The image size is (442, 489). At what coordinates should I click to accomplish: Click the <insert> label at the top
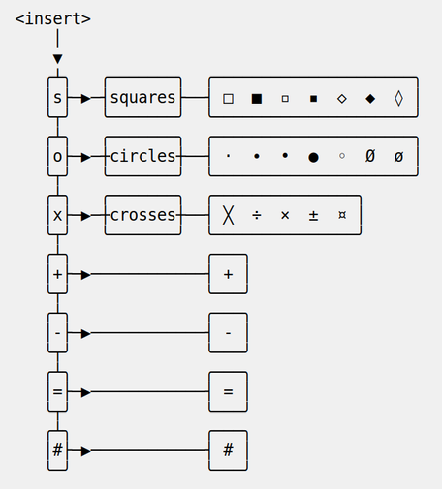coord(53,18)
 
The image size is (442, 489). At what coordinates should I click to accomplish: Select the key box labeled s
coord(57,97)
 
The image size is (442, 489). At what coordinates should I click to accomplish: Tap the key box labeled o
coord(57,156)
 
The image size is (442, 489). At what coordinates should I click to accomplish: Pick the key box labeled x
coord(57,215)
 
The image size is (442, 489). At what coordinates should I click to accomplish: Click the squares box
coord(142,97)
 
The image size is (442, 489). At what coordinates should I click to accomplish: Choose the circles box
coord(142,156)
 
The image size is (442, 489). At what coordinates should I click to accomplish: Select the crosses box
coord(142,215)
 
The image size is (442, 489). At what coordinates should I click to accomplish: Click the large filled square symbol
coord(257,99)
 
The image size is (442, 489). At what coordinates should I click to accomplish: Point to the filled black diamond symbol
coord(370,99)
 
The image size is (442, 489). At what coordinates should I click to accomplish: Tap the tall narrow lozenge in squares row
coord(398,98)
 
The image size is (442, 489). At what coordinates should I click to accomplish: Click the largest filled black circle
coord(313,157)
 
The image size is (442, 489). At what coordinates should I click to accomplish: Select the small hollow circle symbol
coord(342,156)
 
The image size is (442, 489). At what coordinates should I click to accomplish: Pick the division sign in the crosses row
coord(257,215)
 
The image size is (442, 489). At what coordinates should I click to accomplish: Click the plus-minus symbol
coord(313,215)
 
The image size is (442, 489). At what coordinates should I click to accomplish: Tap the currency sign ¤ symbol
coord(342,215)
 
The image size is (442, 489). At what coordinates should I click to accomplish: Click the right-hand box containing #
coord(228,450)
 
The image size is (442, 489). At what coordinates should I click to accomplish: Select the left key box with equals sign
coord(57,391)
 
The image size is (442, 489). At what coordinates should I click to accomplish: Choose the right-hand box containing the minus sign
coord(228,332)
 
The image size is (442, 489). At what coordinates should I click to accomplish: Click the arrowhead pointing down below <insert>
coord(57,59)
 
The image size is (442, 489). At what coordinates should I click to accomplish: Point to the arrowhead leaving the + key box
coord(86,275)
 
